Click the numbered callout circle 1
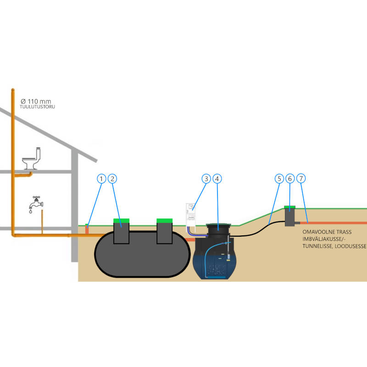point(101,178)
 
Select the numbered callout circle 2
point(113,178)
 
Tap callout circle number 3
point(206,178)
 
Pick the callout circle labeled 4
point(218,178)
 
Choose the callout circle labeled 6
point(289,178)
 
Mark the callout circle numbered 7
point(301,178)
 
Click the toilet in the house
point(32,158)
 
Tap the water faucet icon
point(35,203)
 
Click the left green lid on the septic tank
point(121,221)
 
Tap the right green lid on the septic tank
point(164,221)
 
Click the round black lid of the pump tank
point(219,226)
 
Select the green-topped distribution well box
point(290,216)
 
